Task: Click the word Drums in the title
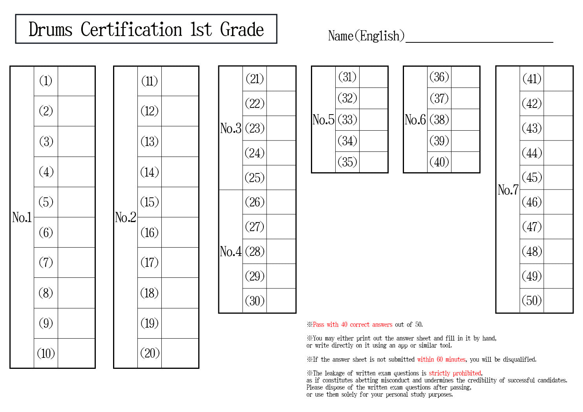point(50,29)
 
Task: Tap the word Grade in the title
point(242,29)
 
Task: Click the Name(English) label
point(366,36)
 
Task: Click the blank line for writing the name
point(479,42)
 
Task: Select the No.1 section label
point(22,217)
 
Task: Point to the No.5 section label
point(323,120)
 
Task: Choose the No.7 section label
point(508,190)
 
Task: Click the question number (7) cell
point(46,263)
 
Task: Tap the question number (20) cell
point(150,353)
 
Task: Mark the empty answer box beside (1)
point(76,81)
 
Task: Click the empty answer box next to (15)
point(180,202)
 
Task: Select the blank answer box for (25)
point(281,177)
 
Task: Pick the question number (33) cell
point(347,120)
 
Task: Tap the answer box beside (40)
point(465,162)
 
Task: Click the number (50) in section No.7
point(532,301)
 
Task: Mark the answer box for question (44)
point(558,153)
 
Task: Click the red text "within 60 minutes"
point(441,359)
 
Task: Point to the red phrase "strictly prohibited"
point(455,373)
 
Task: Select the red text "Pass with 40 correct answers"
point(353,324)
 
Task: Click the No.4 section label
point(230,252)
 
